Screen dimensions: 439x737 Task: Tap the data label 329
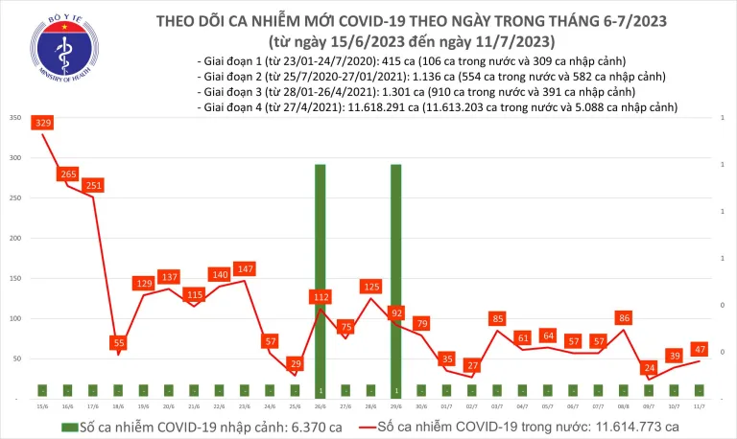click(x=43, y=123)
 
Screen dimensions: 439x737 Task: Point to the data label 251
click(x=93, y=185)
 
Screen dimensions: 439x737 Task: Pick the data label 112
click(x=320, y=297)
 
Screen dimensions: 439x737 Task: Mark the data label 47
click(x=700, y=350)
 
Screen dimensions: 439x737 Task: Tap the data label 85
click(x=497, y=318)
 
